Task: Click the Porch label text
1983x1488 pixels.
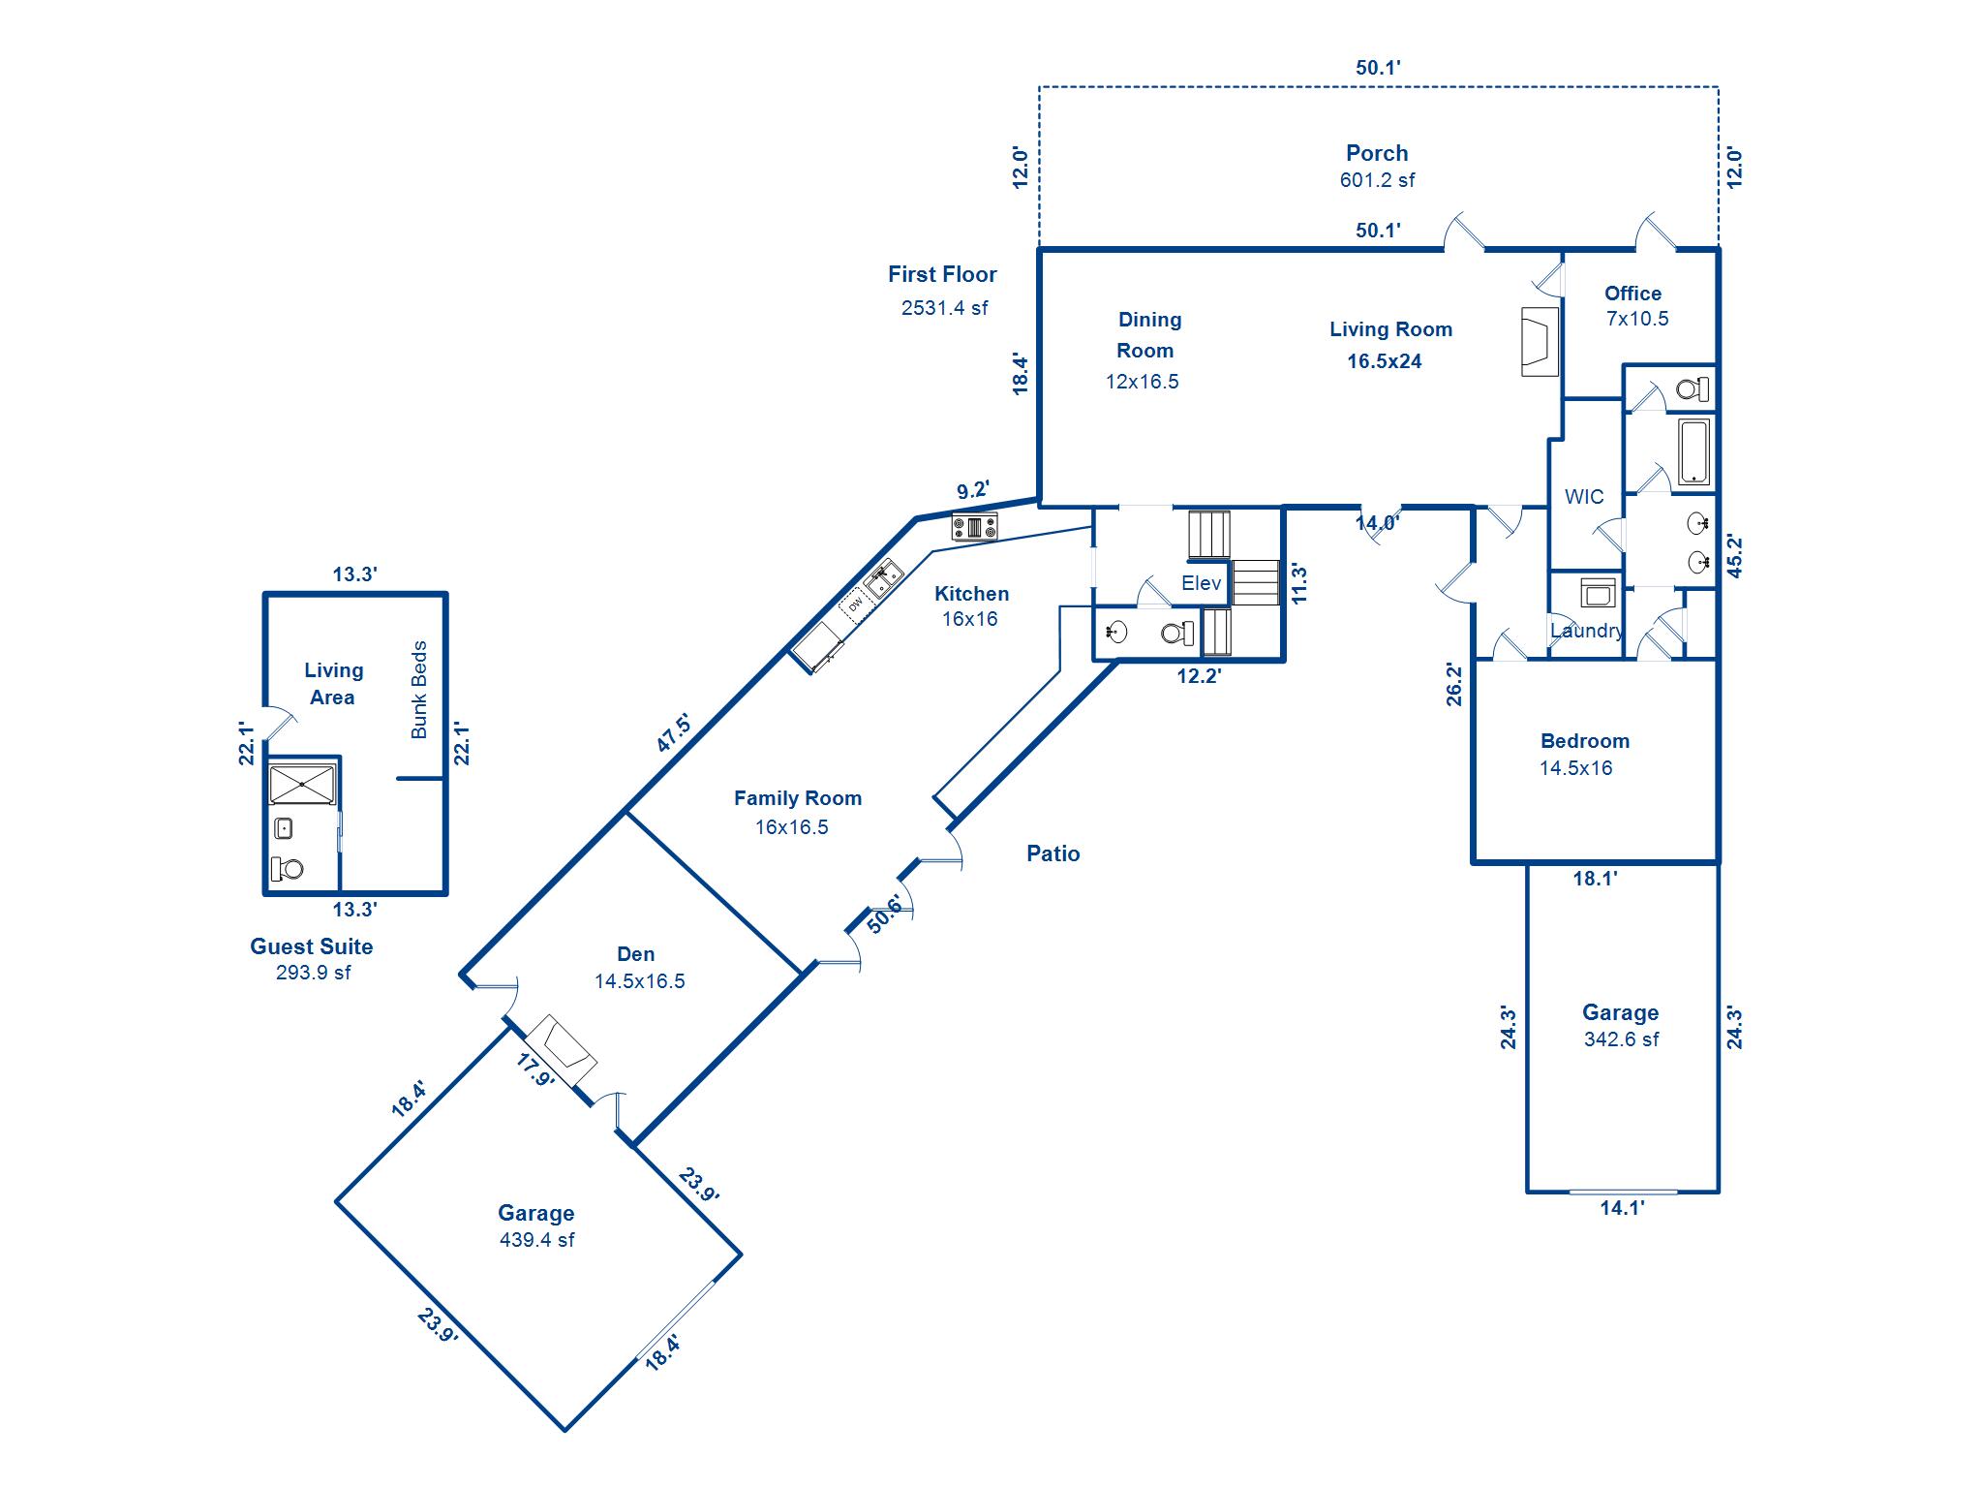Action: (x=1376, y=153)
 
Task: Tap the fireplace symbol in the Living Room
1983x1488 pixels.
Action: (x=1539, y=341)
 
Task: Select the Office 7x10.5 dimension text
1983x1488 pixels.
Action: (x=1637, y=319)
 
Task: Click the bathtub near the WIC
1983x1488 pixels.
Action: (x=1693, y=450)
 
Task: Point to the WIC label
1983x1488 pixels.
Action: (x=1584, y=497)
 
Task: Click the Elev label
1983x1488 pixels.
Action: (x=1201, y=583)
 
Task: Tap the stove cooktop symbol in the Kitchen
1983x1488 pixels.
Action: (x=975, y=528)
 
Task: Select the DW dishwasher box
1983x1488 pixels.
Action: (x=855, y=604)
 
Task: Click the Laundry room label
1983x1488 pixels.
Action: (x=1586, y=631)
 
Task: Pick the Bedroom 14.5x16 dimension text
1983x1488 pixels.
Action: (x=1575, y=768)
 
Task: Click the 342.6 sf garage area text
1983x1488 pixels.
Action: (x=1621, y=1039)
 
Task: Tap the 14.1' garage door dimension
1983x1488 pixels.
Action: (x=1622, y=1207)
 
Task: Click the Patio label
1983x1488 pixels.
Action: (x=1053, y=853)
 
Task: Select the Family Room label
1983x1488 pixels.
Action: (x=797, y=798)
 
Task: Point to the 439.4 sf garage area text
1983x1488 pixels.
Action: (x=536, y=1240)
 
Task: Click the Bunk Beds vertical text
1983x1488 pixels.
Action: (x=419, y=690)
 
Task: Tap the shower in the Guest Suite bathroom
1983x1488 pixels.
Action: (x=302, y=784)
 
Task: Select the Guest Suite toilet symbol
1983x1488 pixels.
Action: (x=289, y=868)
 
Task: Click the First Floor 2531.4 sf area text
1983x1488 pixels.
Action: (x=944, y=308)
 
